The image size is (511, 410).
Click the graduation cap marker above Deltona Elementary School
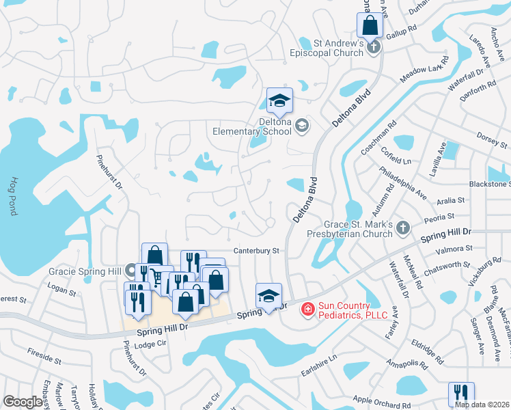(x=279, y=102)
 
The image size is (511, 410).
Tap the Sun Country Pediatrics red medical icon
(x=307, y=310)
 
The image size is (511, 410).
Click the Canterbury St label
(x=257, y=251)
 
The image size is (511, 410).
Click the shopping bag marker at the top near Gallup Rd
(x=370, y=25)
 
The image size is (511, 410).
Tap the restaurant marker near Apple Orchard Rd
(x=461, y=394)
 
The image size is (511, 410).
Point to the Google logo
(x=23, y=402)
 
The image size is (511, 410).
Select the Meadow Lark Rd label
(x=424, y=70)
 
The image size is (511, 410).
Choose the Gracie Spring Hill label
(x=85, y=271)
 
